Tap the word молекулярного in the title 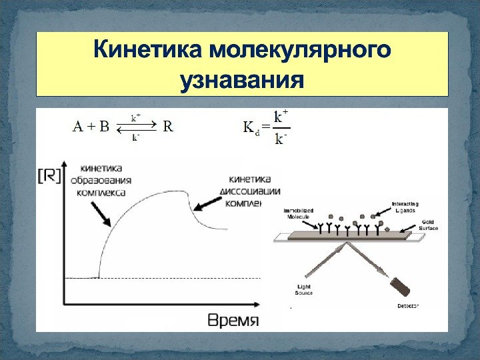[x=299, y=50]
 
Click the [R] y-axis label [x=49, y=176]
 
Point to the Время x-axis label [x=233, y=320]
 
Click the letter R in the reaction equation [x=168, y=127]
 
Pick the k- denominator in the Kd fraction [x=281, y=139]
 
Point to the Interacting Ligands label [x=405, y=206]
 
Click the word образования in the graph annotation [x=107, y=180]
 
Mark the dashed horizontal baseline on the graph [x=180, y=278]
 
